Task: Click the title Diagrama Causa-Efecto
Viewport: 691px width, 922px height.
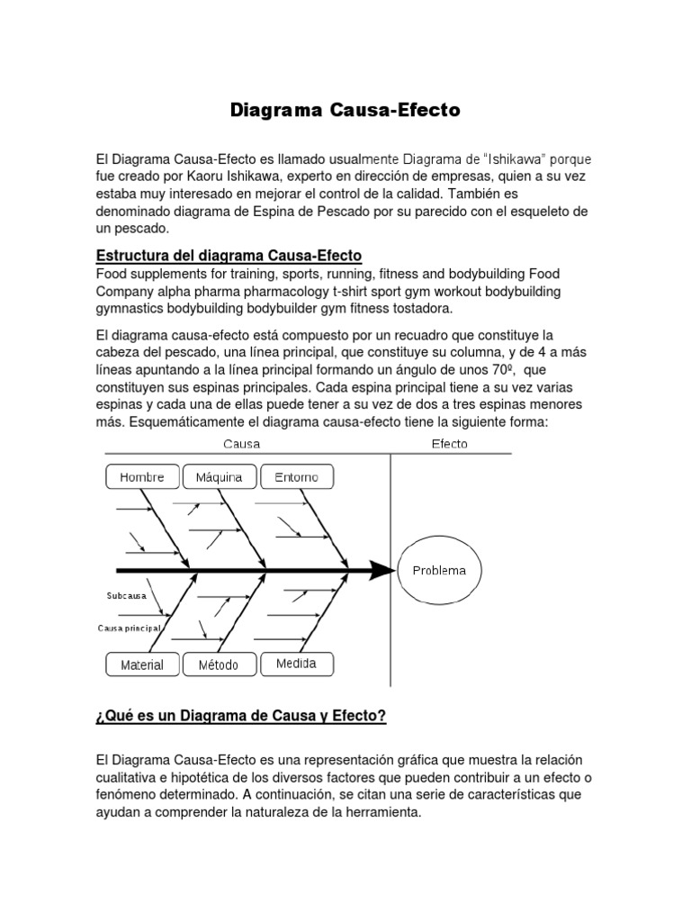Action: [345, 110]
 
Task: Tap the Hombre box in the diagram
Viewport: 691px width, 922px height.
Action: [142, 477]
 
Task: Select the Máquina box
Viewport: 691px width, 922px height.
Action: [219, 477]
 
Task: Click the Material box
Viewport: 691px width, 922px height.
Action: [142, 665]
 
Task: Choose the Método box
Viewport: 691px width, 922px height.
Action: [219, 665]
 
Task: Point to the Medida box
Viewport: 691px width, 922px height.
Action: [296, 664]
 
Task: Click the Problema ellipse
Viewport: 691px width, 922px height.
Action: [439, 570]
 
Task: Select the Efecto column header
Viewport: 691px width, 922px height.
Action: [449, 444]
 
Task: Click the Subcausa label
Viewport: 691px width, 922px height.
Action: [127, 596]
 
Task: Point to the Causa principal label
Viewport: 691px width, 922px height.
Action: [130, 627]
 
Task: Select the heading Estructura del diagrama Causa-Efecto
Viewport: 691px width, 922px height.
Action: [229, 256]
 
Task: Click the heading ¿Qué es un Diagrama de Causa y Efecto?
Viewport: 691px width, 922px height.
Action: [240, 716]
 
